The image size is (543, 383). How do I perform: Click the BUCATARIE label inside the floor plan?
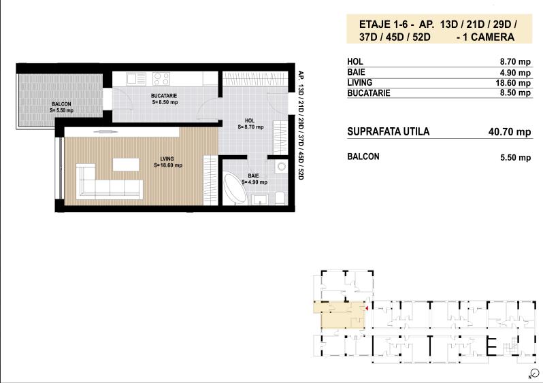tap(164, 96)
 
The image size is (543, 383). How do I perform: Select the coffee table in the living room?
tap(125, 164)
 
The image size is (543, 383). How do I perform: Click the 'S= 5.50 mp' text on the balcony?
tap(61, 110)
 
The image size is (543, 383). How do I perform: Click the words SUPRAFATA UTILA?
tap(388, 132)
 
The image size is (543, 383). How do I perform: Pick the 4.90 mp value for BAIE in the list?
tap(515, 71)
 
